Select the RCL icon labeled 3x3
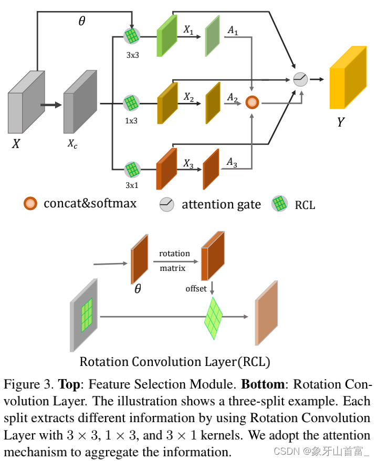point(132,36)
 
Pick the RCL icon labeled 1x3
point(131,103)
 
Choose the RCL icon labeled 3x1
point(132,170)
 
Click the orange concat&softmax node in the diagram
point(253,102)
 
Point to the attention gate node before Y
point(300,79)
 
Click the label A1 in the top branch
point(233,32)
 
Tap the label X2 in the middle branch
point(188,97)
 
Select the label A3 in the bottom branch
point(232,163)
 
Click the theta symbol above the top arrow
point(81,22)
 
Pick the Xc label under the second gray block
point(72,143)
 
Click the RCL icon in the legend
point(279,204)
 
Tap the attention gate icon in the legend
point(167,204)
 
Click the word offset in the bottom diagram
point(196,289)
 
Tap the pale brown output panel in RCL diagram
point(266,314)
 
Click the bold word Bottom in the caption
point(263,384)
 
